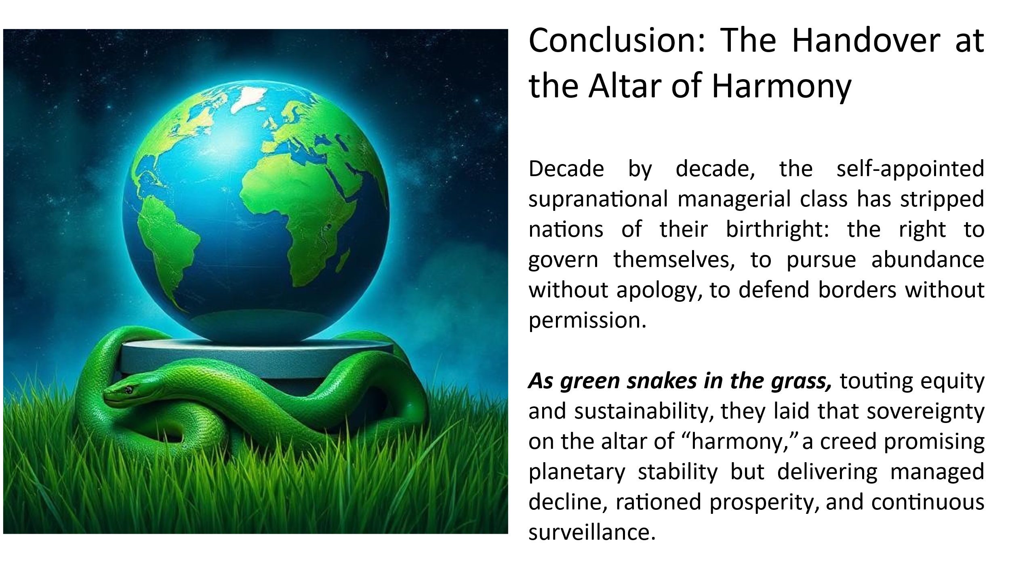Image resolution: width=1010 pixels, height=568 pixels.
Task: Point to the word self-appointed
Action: pyautogui.click(x=910, y=169)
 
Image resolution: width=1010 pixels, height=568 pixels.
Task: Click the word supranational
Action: pyautogui.click(x=598, y=199)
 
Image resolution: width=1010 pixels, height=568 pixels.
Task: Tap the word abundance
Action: pyautogui.click(x=928, y=259)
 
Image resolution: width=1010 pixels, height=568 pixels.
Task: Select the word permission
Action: pyautogui.click(x=585, y=320)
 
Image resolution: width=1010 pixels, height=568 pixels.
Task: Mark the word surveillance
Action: pyautogui.click(x=591, y=532)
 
